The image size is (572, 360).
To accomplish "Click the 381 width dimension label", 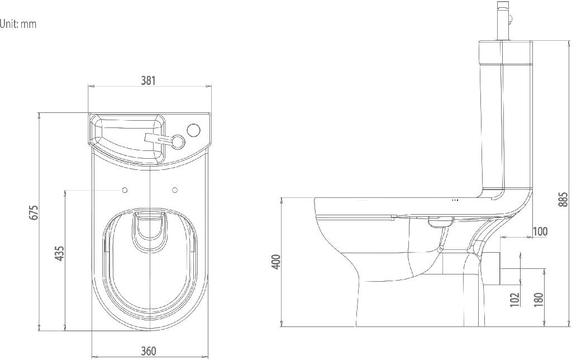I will click(x=147, y=80).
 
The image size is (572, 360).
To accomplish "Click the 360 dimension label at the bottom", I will click(x=148, y=351).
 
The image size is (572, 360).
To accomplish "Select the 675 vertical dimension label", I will click(x=34, y=213).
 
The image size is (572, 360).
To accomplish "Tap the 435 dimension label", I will click(x=60, y=253).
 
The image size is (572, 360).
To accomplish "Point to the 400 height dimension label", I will click(x=275, y=260).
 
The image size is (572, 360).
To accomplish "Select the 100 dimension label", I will click(x=540, y=231).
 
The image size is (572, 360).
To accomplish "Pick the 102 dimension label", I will click(x=514, y=299).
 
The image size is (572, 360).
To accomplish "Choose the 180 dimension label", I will click(x=538, y=299).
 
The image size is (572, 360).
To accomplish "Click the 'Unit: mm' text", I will click(x=18, y=24).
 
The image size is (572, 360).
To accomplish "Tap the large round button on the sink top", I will click(x=193, y=130).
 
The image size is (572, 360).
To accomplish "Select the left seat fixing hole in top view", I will click(x=125, y=191).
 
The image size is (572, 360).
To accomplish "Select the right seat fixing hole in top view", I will click(x=175, y=191).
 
